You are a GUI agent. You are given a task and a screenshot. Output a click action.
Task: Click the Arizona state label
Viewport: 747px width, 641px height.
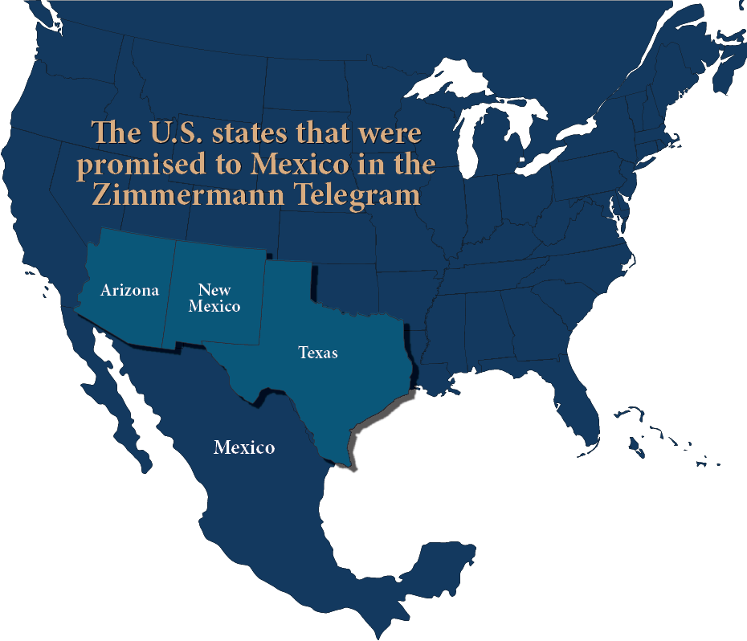coord(129,290)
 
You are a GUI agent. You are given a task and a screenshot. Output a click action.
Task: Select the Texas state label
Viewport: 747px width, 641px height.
coord(318,352)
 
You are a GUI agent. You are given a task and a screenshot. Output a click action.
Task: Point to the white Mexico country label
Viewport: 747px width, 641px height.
coord(244,447)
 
